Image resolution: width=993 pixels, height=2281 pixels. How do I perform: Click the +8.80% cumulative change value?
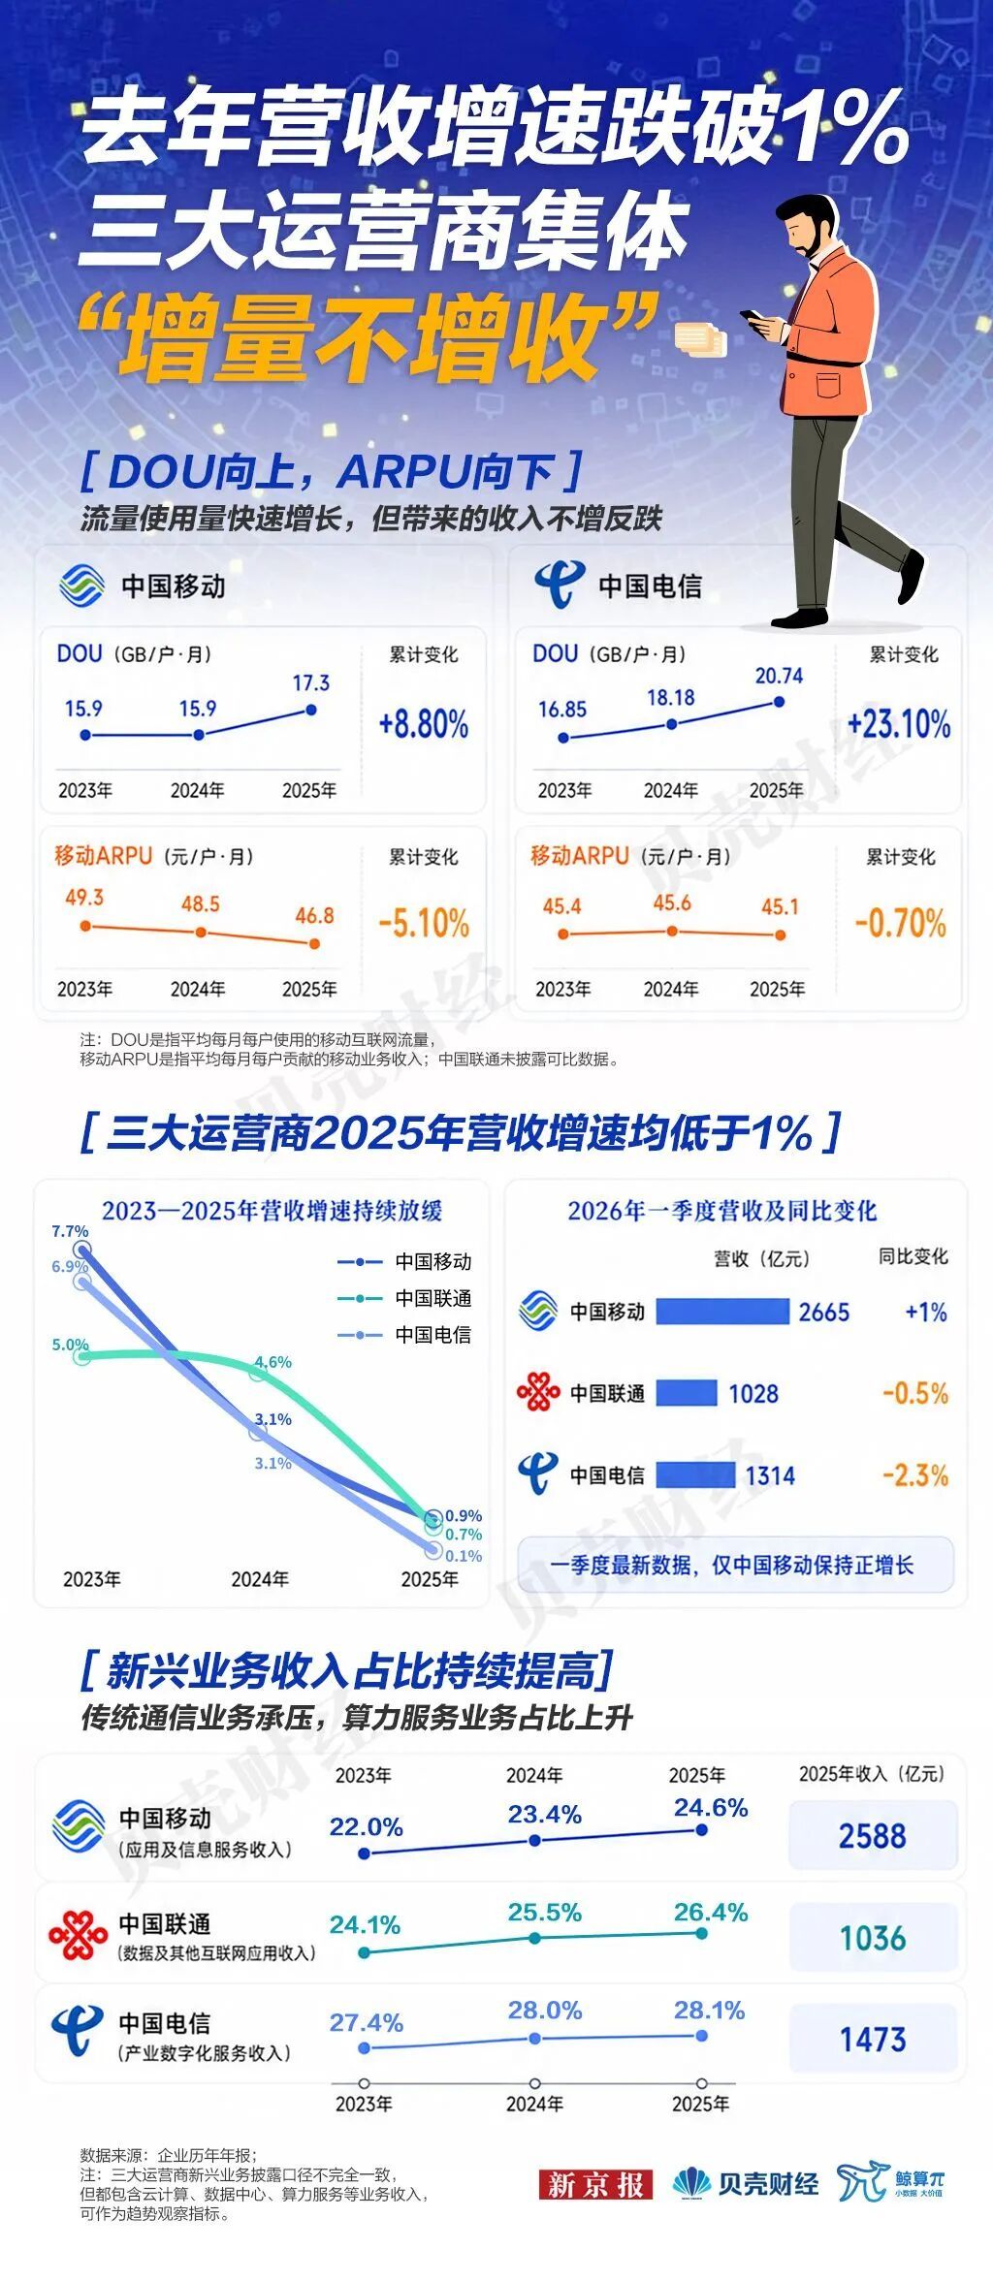[x=424, y=724]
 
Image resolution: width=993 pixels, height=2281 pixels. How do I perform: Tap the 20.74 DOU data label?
[x=779, y=676]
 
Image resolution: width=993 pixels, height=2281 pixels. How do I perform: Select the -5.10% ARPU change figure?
[x=424, y=923]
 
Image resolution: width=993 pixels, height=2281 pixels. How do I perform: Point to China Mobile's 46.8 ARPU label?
[x=314, y=915]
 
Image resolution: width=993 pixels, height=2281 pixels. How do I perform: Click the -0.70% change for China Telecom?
[x=900, y=923]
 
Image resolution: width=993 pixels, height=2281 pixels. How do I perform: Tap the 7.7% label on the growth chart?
[x=70, y=1231]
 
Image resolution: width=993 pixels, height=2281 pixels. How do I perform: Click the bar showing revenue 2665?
[x=722, y=1312]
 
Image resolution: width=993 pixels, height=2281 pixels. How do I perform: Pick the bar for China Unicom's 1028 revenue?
[x=687, y=1393]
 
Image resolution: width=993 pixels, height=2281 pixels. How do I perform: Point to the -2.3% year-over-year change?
[x=915, y=1475]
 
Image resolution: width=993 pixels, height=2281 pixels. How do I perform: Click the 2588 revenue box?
[x=873, y=1835]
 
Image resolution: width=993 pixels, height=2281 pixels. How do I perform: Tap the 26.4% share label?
[x=711, y=1912]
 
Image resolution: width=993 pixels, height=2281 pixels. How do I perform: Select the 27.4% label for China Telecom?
[x=366, y=2022]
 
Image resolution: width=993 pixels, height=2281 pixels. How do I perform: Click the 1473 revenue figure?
[x=873, y=2040]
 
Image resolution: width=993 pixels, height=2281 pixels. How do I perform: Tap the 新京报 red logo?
[x=595, y=2185]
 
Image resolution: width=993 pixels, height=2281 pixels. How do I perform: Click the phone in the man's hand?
[x=753, y=317]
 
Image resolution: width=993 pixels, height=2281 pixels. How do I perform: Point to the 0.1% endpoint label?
[x=464, y=1555]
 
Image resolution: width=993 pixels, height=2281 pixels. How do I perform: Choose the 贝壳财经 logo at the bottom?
[x=746, y=2184]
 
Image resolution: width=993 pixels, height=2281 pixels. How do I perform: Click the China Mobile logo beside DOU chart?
[x=81, y=586]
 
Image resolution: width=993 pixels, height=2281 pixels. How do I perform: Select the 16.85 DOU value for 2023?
[x=562, y=710]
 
